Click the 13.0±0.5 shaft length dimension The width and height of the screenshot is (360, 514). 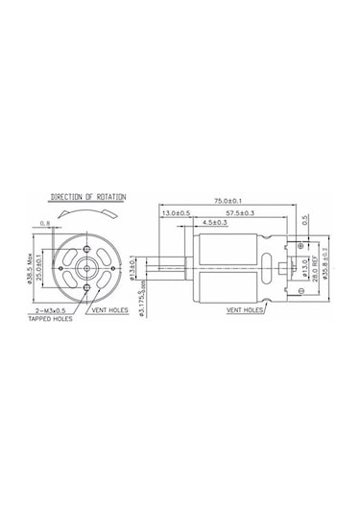tap(176, 212)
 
